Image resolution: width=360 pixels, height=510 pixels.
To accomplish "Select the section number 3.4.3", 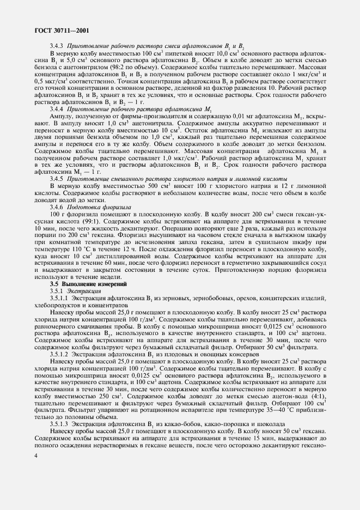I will coord(57,47).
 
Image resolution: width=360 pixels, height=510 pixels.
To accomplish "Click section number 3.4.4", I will coord(57,125).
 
